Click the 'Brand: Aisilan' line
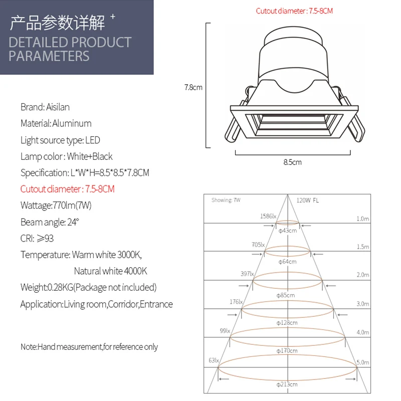(45, 107)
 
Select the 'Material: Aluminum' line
(56, 123)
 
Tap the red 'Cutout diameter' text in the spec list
(68, 189)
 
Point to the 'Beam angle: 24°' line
(50, 222)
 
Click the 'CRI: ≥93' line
(37, 238)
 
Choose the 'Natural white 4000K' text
(110, 271)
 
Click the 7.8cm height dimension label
(193, 87)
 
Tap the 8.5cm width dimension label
(293, 162)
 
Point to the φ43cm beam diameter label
(287, 231)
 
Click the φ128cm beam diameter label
(287, 323)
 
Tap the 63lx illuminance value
(214, 360)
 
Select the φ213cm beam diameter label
(287, 384)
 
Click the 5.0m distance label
(362, 362)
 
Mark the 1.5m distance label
(362, 247)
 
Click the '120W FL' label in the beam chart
(307, 200)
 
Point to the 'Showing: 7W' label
(226, 200)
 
